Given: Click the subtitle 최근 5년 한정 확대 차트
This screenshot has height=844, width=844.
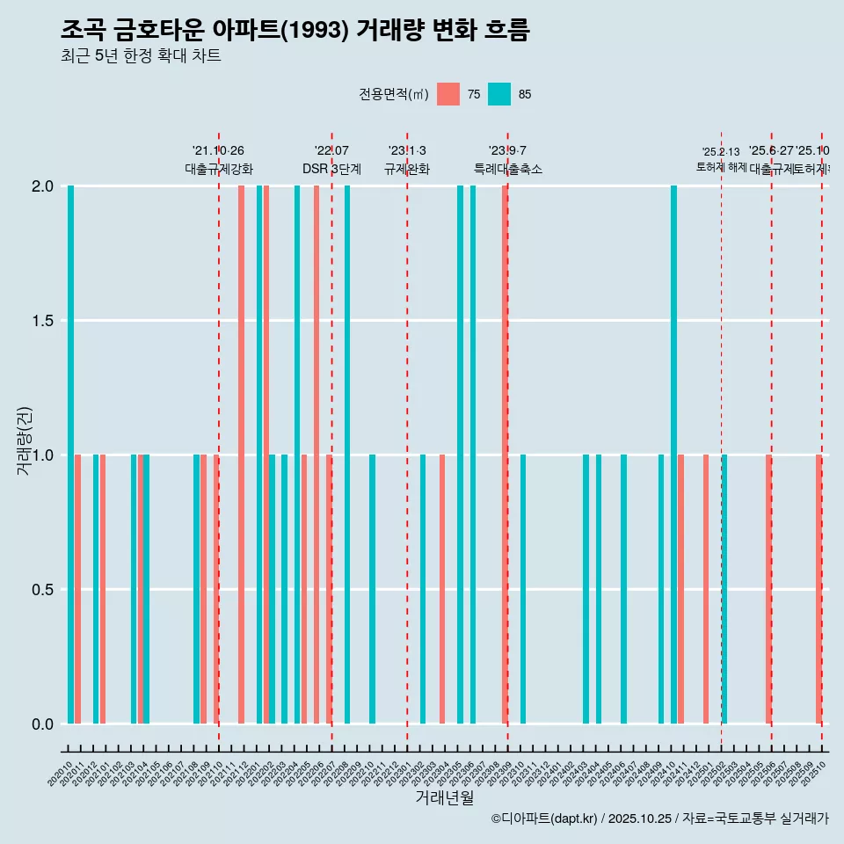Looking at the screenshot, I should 141,56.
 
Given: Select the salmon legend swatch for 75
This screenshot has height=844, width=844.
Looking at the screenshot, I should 448,94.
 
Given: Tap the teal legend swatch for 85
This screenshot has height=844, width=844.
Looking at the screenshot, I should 499,94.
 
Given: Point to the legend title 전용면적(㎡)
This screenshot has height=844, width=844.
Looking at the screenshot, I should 393,95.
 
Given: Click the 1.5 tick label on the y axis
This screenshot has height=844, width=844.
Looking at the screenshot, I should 41,321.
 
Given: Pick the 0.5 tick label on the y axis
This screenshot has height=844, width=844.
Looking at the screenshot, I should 41,589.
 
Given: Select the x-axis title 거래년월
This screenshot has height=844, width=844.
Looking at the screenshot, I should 444,797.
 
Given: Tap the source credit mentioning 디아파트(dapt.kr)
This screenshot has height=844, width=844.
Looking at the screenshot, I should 659,819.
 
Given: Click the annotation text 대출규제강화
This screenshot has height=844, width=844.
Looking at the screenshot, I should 219,169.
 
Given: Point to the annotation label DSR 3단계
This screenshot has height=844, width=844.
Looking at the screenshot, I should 331,169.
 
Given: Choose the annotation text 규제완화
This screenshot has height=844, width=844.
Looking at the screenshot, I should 407,169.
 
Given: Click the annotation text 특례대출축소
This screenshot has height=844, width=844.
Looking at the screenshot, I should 508,169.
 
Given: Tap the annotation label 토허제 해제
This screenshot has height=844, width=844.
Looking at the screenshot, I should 721,166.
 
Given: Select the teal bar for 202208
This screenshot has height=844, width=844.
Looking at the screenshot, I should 347,455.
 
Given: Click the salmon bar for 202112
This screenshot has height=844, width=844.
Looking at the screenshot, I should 241,455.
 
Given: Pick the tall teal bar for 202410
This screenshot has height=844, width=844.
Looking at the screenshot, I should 673,455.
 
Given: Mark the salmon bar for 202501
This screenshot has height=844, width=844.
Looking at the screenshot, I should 706,589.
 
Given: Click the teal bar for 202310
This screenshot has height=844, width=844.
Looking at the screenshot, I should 523,589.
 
